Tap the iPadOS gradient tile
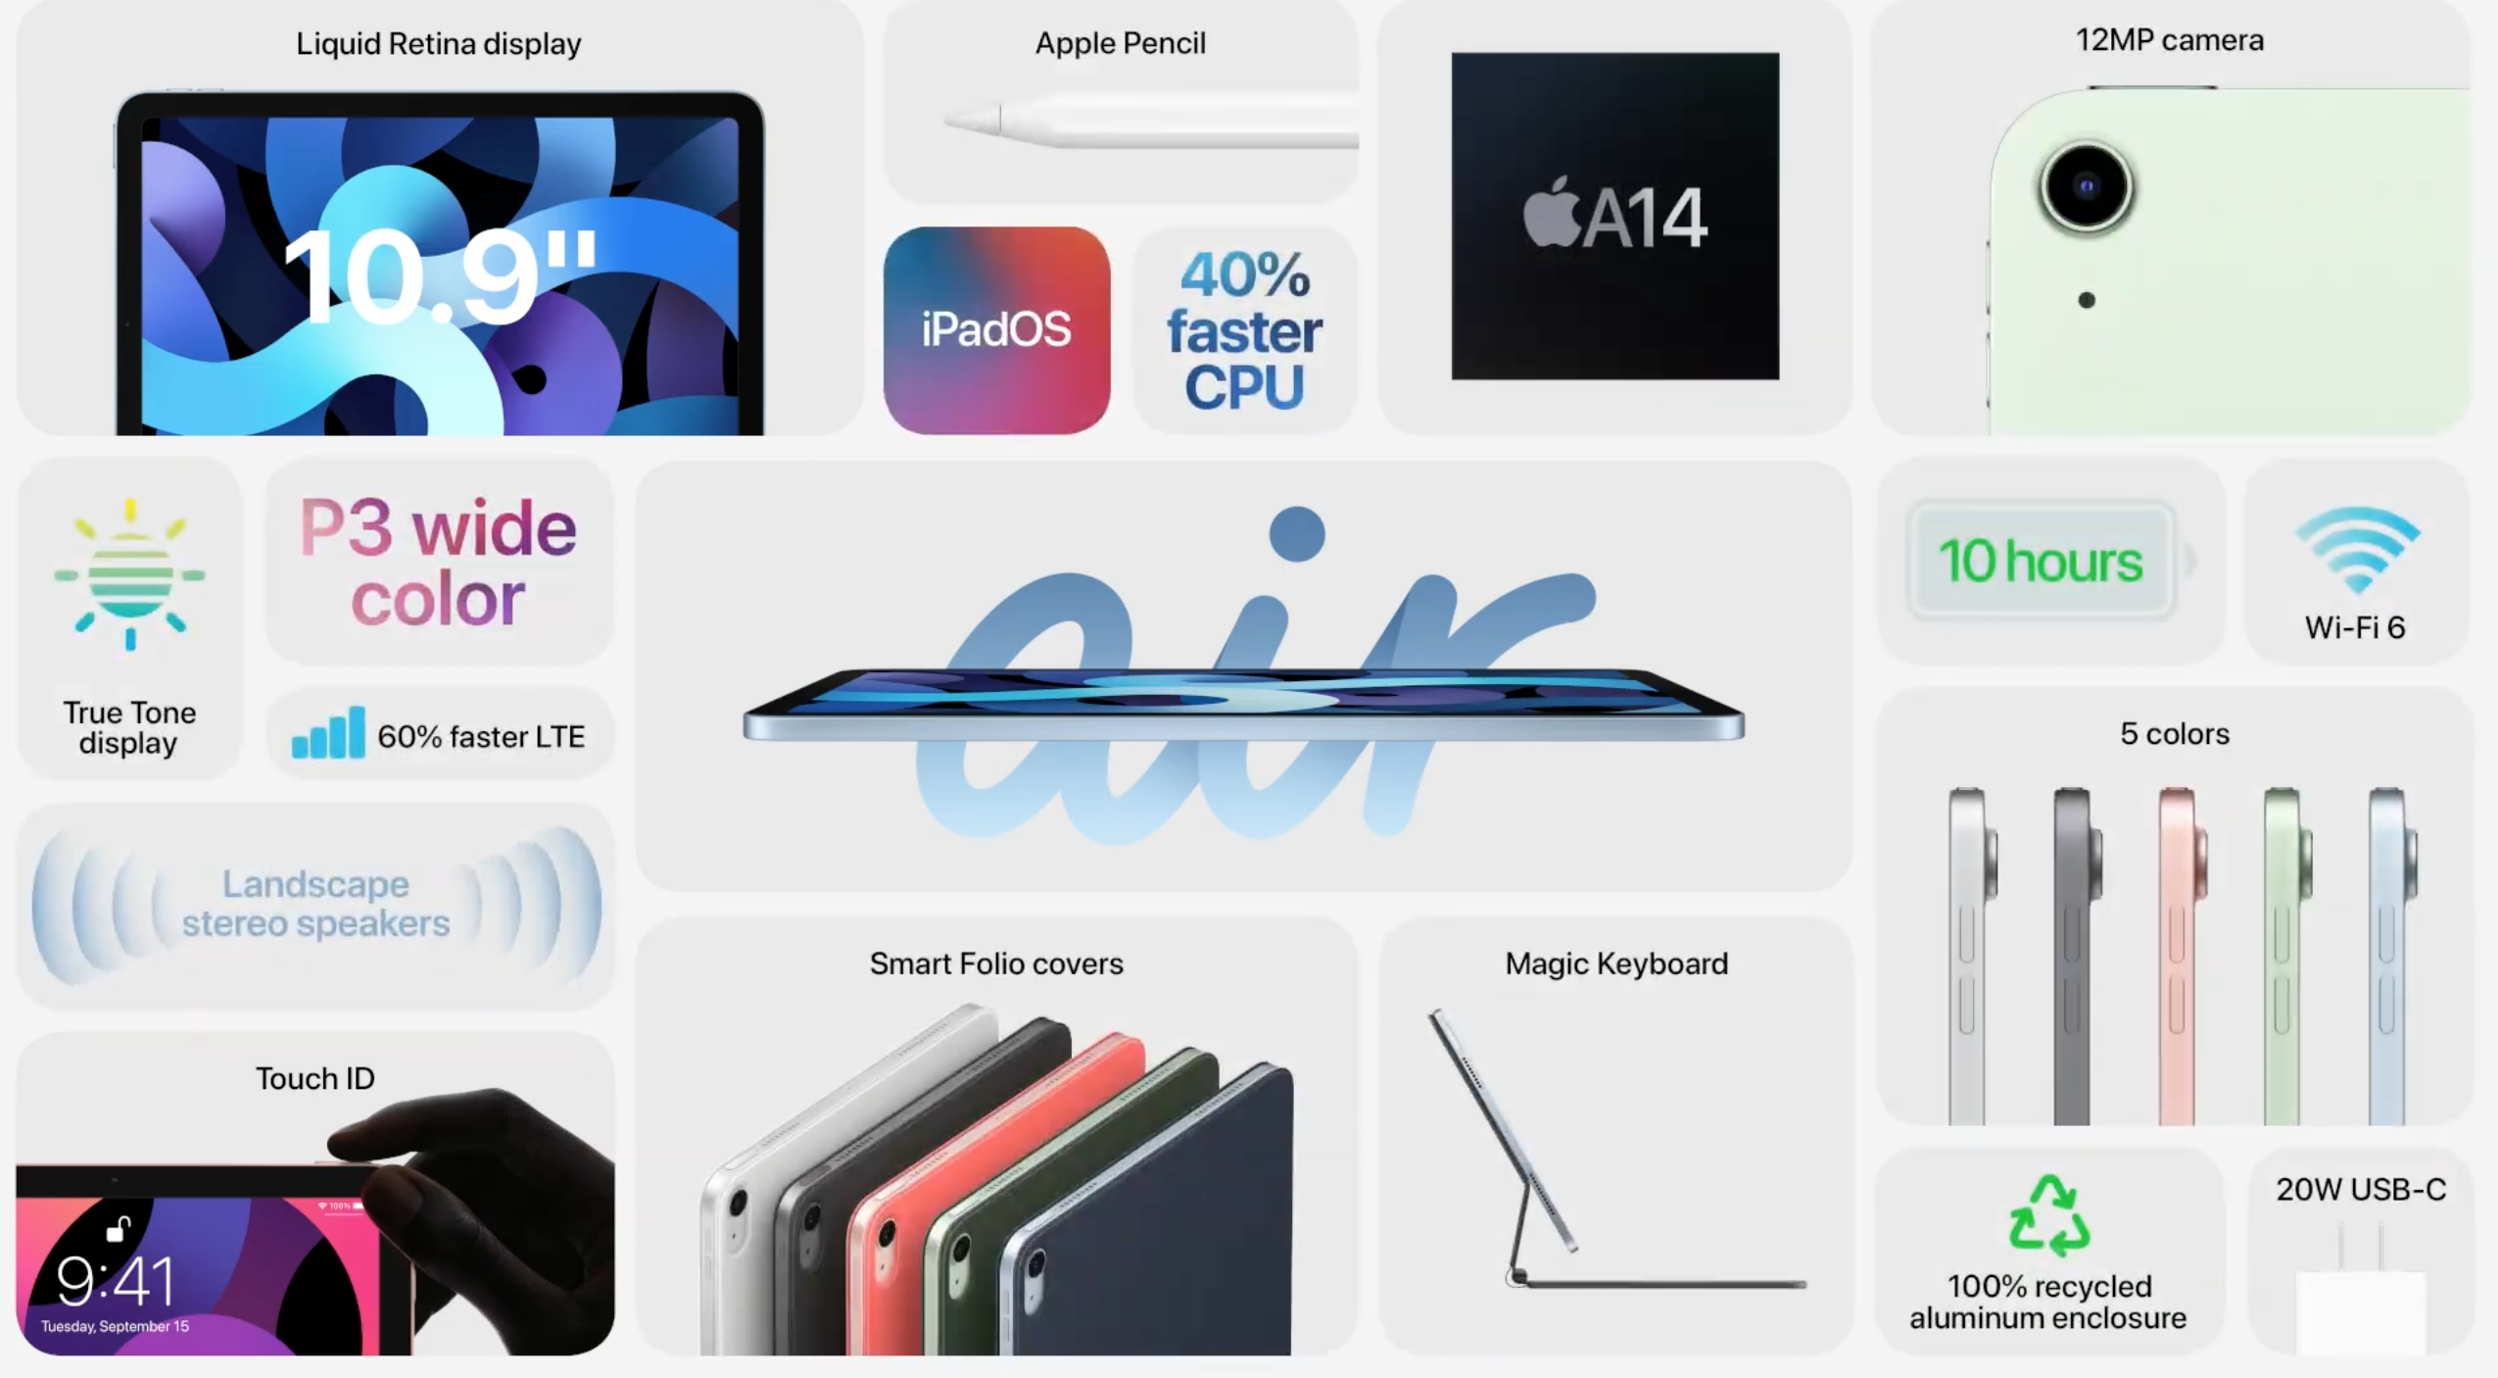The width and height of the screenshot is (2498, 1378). [x=996, y=330]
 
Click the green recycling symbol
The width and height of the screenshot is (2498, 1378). [x=2048, y=1215]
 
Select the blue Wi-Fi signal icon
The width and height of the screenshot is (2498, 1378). [x=2357, y=549]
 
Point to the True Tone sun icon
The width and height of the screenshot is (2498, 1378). [x=129, y=574]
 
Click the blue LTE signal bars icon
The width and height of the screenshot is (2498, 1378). [x=328, y=732]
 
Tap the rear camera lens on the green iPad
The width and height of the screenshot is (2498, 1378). [x=2086, y=186]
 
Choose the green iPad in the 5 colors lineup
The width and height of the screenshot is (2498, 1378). [x=2285, y=956]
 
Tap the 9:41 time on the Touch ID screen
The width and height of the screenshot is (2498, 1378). [x=116, y=1281]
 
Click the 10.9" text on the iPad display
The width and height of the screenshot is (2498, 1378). [x=440, y=275]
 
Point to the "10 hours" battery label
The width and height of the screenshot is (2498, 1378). [x=2042, y=561]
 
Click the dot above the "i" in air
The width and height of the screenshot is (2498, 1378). [x=1297, y=534]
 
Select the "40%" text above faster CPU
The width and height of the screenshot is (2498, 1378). [x=1245, y=274]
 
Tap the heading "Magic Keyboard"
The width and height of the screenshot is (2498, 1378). [x=1616, y=963]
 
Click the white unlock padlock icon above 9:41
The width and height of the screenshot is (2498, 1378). [x=119, y=1228]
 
